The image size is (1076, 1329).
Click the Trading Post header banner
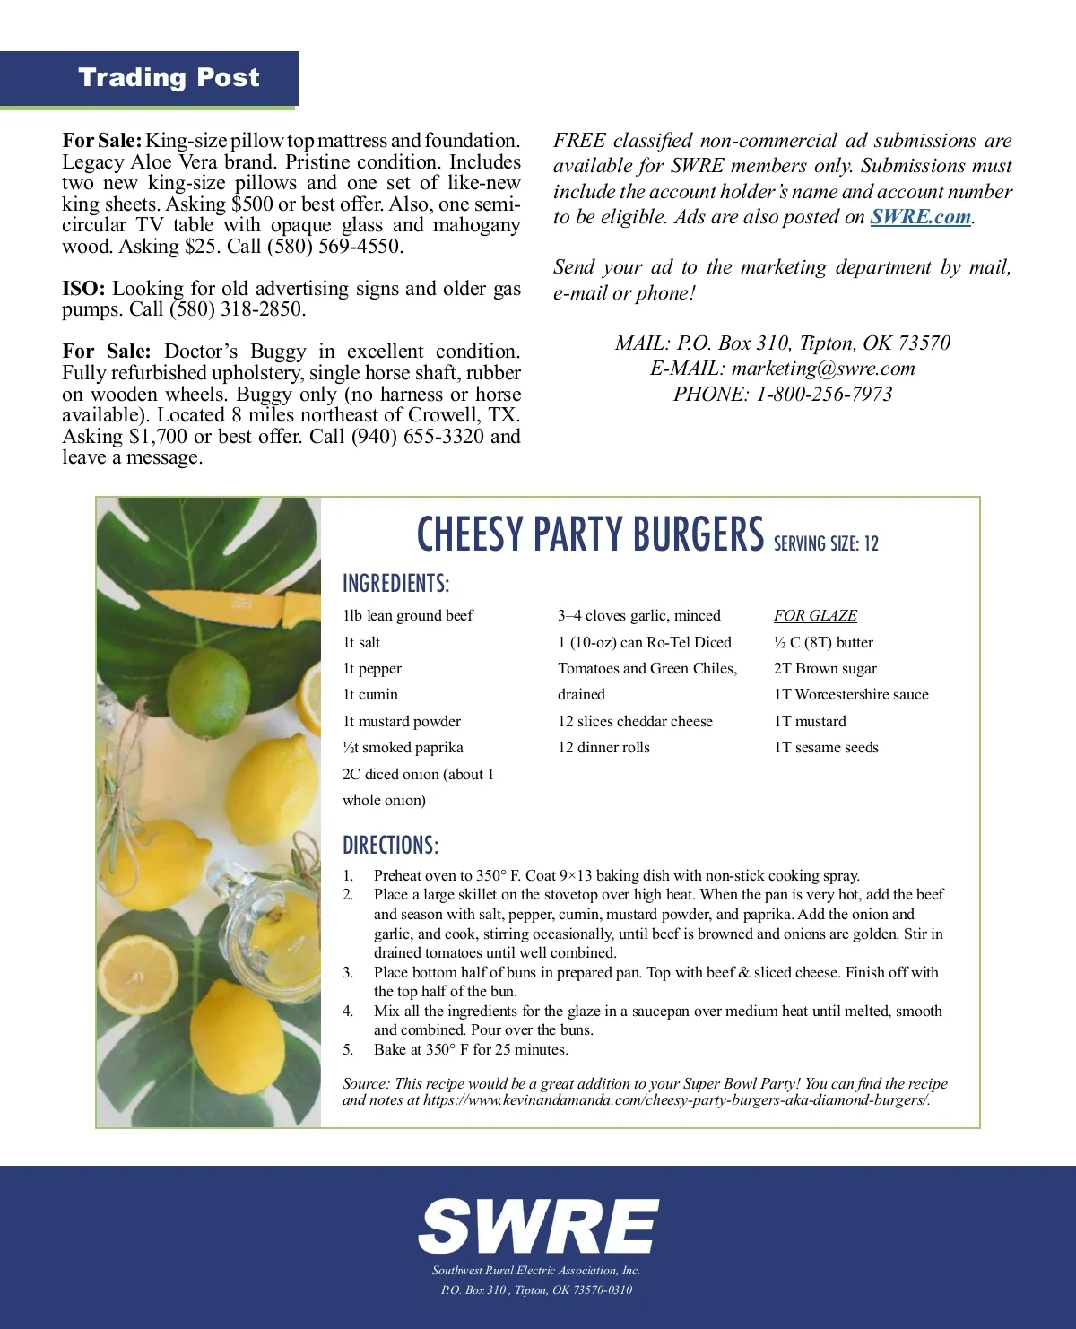click(169, 78)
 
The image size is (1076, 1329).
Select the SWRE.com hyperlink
click(920, 217)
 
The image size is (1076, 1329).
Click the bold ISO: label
click(83, 289)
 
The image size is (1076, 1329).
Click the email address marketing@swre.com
click(823, 369)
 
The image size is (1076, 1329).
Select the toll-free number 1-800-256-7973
click(824, 394)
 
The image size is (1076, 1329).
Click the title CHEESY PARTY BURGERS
click(590, 535)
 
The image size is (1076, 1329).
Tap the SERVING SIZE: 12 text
click(826, 543)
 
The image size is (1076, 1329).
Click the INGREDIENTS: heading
click(395, 584)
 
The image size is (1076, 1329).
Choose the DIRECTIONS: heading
click(390, 846)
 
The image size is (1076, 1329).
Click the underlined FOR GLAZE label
click(815, 616)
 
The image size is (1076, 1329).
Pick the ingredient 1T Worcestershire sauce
click(851, 695)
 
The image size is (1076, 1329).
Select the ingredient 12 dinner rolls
click(603, 748)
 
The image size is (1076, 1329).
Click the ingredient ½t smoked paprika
click(403, 748)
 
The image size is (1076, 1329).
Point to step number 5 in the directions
click(348, 1050)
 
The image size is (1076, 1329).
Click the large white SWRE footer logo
click(538, 1226)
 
